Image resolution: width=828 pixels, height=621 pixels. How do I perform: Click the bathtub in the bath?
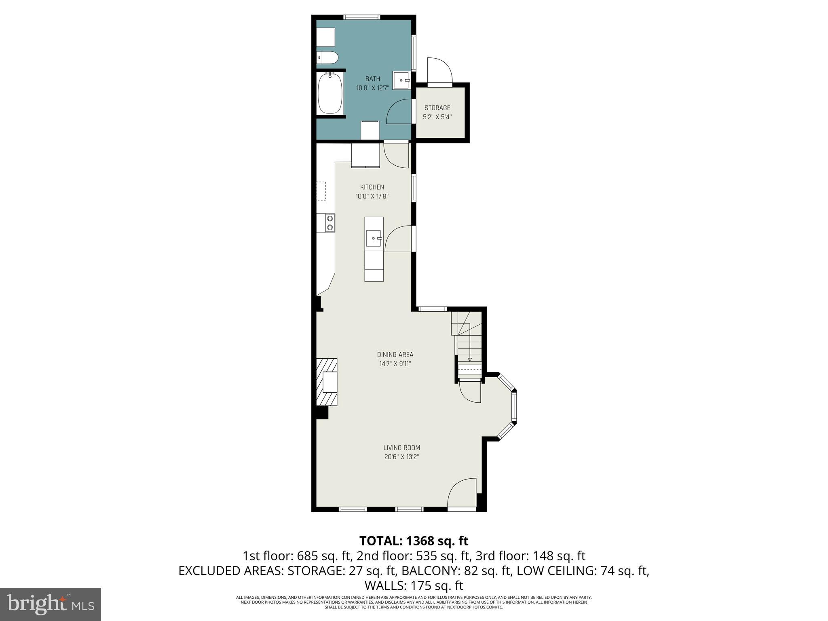(x=330, y=93)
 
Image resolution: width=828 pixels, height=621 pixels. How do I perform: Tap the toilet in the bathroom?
(x=327, y=58)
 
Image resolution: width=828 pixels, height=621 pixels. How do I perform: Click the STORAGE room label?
(x=437, y=108)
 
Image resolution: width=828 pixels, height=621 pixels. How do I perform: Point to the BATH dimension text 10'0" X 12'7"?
(x=372, y=88)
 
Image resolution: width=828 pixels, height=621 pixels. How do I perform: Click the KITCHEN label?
(x=372, y=187)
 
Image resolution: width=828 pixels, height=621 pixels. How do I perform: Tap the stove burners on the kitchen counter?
(x=330, y=223)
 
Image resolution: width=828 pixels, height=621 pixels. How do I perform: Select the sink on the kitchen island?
(x=374, y=238)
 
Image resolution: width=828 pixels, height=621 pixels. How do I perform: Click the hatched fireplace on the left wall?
(x=327, y=382)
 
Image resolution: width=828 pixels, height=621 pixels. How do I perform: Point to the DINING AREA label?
(x=395, y=355)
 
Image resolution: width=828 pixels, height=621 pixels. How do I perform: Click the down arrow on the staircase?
(x=470, y=359)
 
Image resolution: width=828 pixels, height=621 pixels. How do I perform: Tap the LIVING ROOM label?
(x=401, y=448)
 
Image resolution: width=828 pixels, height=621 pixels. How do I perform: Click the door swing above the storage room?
(x=439, y=71)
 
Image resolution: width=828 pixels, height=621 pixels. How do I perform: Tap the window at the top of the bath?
(x=362, y=17)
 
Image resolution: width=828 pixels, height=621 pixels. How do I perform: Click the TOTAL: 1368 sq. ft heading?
(x=414, y=541)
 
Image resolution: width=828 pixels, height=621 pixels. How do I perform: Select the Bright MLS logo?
(x=51, y=604)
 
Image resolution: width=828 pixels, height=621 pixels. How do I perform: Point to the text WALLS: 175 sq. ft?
(x=414, y=585)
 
